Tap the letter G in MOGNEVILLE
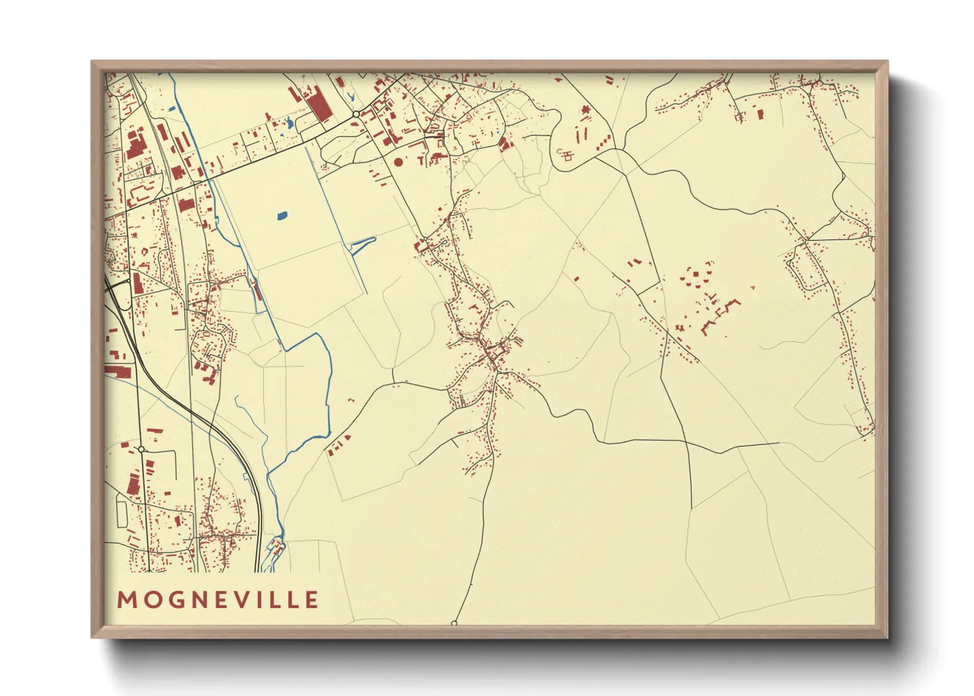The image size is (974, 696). [172, 600]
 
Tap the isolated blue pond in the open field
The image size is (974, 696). [282, 215]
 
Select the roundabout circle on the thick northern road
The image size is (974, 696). [355, 114]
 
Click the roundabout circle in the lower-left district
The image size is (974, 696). [141, 449]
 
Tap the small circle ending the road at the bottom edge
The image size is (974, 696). [454, 622]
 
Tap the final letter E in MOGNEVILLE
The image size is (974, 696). [311, 600]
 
